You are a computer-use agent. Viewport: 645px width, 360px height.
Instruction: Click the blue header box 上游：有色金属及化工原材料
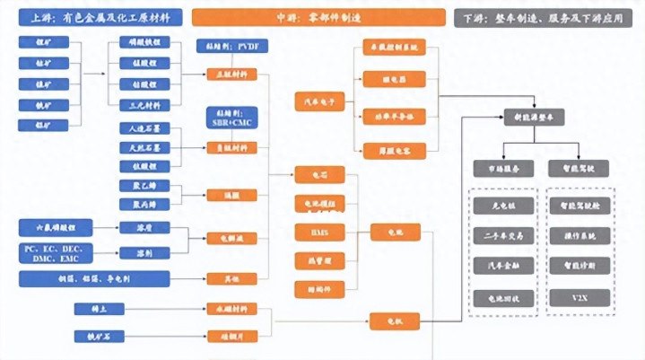[95, 17]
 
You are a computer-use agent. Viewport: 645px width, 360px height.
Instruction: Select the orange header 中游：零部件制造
[318, 17]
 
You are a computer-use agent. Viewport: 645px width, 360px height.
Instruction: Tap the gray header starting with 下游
[543, 17]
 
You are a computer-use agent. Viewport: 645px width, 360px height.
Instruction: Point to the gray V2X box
[580, 295]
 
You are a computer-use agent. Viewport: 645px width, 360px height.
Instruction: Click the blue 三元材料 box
[144, 105]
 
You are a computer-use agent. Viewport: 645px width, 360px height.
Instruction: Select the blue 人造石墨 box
[144, 128]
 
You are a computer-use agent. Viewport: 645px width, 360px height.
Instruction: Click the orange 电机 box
[395, 319]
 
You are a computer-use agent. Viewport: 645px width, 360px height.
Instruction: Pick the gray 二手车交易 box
[501, 235]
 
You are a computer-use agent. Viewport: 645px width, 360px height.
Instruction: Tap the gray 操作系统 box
[580, 235]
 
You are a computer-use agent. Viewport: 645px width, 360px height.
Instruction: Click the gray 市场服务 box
[501, 168]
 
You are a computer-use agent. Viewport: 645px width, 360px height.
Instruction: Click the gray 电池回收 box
[501, 295]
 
